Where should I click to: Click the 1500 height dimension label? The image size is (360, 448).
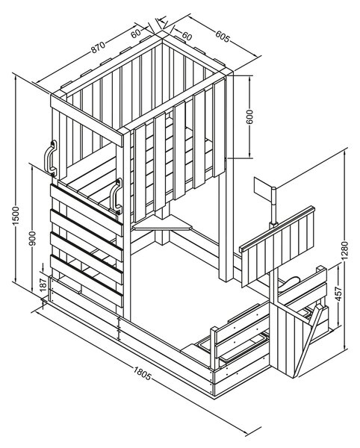(x=16, y=215)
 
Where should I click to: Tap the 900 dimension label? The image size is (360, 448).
(x=33, y=239)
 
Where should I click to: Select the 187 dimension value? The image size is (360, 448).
(x=43, y=284)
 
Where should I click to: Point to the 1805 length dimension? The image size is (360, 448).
(x=142, y=374)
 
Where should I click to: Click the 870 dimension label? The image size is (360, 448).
(x=99, y=47)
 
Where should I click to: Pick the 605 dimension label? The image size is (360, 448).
(x=223, y=37)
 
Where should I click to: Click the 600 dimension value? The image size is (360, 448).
(x=249, y=117)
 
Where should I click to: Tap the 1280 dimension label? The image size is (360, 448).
(x=345, y=251)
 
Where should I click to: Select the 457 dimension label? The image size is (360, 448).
(x=338, y=293)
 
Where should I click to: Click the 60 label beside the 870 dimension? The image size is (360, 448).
(x=136, y=34)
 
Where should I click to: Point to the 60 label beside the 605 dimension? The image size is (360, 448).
(x=187, y=36)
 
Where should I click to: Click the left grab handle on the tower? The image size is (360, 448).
(x=50, y=158)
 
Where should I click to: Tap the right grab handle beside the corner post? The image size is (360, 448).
(x=116, y=196)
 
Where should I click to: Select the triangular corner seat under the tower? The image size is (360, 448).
(x=163, y=223)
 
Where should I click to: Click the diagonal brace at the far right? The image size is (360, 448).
(x=308, y=341)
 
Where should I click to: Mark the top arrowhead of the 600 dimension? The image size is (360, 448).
(x=249, y=78)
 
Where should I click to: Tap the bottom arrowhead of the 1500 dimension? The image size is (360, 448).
(x=16, y=279)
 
